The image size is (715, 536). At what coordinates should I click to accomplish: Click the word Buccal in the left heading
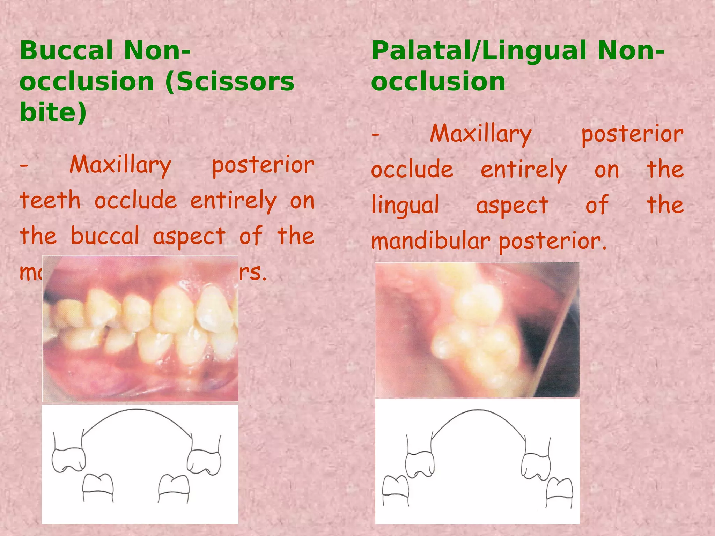(66, 51)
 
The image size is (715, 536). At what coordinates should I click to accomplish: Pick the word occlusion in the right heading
(438, 82)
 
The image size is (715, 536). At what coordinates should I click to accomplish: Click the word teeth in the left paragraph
(50, 201)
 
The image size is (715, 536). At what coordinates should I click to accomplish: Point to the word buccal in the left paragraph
(105, 236)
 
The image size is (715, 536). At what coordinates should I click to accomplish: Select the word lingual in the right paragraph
(405, 205)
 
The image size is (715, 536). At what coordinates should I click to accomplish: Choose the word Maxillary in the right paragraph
(481, 134)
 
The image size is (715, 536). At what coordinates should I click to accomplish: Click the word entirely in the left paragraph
(233, 202)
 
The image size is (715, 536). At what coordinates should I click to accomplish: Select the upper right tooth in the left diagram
(204, 461)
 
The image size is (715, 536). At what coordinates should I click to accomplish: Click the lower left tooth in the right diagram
(396, 489)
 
